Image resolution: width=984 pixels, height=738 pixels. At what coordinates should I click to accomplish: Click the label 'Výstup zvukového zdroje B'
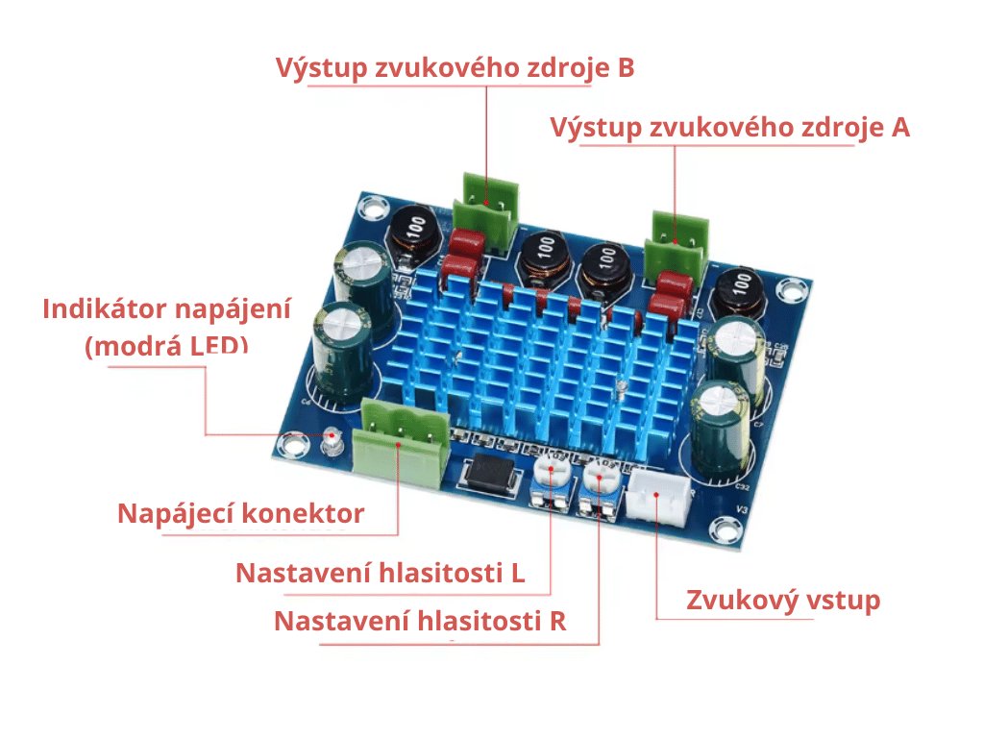point(455,69)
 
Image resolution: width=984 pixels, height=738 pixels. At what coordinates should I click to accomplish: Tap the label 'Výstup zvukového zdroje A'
point(729,128)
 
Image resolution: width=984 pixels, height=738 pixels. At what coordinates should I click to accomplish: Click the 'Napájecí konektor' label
point(240,514)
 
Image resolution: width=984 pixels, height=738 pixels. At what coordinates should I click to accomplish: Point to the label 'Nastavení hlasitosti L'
point(380,574)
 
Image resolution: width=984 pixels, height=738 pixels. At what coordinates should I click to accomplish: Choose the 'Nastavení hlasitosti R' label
point(420,621)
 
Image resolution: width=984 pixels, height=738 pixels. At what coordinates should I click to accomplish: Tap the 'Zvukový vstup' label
point(782,602)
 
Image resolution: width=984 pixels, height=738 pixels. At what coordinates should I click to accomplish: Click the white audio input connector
point(659,494)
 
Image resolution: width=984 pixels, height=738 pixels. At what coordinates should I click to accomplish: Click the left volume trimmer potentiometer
point(550,481)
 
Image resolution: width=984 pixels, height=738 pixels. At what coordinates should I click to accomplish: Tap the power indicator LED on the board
point(332,437)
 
